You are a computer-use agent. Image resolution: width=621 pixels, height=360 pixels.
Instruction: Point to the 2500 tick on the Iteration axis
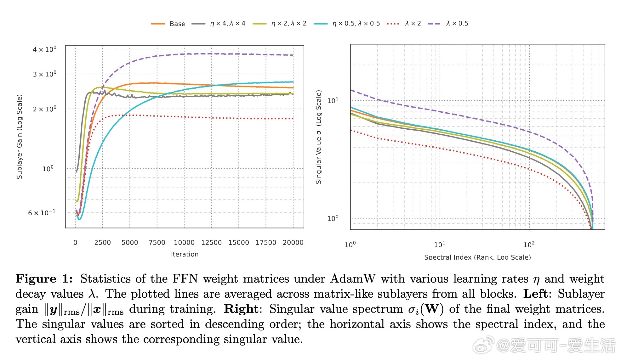[102, 243]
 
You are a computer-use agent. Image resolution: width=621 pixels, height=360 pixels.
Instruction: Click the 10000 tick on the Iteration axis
[184, 243]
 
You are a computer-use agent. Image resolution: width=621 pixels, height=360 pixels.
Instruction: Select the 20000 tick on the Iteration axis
[293, 243]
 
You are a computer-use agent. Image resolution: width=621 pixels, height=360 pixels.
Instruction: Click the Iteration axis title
[185, 254]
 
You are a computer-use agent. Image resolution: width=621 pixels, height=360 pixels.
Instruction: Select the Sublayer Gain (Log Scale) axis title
[20, 137]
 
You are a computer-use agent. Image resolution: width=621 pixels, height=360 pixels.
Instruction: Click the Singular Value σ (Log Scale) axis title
[319, 137]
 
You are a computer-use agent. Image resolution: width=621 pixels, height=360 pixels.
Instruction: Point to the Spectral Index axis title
[477, 257]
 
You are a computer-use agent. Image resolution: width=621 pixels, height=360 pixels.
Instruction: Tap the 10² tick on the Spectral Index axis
[529, 245]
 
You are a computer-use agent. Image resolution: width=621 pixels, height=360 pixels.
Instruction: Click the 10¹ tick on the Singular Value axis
[333, 100]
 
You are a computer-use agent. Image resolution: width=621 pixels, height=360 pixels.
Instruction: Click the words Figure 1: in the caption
[44, 279]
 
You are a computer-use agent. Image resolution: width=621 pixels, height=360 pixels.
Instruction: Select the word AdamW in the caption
[353, 279]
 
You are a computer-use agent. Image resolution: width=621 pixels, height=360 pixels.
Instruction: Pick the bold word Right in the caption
[241, 309]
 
